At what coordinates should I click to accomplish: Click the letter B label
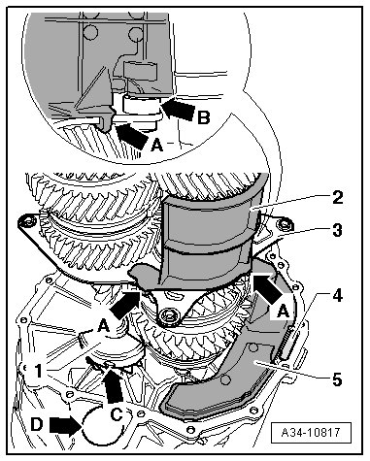(x=204, y=117)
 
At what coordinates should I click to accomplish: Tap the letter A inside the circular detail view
(x=157, y=146)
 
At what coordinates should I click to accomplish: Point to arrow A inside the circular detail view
(x=131, y=135)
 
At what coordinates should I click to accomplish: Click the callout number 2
(x=338, y=197)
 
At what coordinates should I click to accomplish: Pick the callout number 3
(x=338, y=231)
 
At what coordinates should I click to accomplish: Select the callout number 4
(x=338, y=295)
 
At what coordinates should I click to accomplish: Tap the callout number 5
(x=338, y=379)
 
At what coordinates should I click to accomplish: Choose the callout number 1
(x=38, y=371)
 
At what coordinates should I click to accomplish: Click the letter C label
(x=117, y=414)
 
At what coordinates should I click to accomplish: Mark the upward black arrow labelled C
(x=114, y=385)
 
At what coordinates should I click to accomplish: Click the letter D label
(x=36, y=424)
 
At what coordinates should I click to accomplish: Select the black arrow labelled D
(x=66, y=425)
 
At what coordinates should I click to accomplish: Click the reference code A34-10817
(x=311, y=432)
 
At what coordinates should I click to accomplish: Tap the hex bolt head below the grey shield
(x=167, y=314)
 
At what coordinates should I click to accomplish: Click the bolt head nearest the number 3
(x=285, y=224)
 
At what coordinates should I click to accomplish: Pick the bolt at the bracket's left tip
(x=24, y=221)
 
